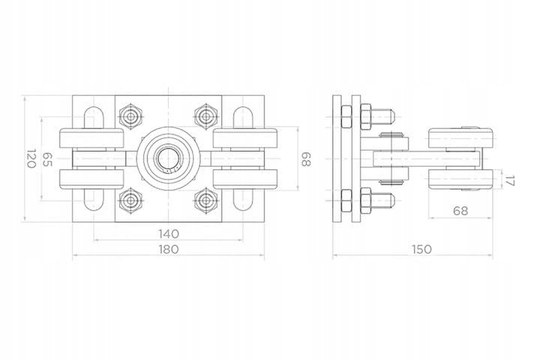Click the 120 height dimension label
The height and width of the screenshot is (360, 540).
[31, 158]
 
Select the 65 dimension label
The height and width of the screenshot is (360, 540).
[47, 160]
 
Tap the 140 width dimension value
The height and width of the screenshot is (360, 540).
[169, 234]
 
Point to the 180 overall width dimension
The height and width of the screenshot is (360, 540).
[169, 249]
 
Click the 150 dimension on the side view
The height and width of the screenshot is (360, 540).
[421, 249]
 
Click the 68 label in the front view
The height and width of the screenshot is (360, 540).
[306, 160]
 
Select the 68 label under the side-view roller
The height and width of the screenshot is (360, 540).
[460, 211]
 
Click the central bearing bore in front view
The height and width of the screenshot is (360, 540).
[169, 158]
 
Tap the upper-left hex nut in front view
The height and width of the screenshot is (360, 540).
[130, 116]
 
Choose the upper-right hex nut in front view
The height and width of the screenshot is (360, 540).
[206, 116]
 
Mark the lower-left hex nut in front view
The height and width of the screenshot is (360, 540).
[130, 201]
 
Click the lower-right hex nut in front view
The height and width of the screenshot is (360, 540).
[206, 201]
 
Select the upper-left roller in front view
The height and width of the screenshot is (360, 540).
[91, 138]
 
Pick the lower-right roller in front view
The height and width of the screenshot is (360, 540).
[244, 179]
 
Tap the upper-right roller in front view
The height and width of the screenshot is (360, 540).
[244, 138]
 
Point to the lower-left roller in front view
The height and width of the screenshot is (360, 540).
[91, 179]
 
